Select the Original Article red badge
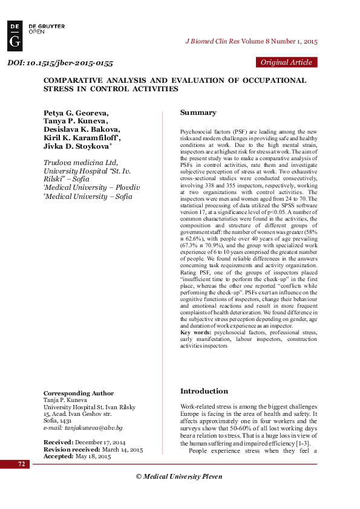[287, 62]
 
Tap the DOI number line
[60, 63]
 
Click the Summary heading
[198, 112]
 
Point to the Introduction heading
[204, 391]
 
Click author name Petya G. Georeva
[76, 112]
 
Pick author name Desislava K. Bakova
[82, 129]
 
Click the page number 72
[21, 464]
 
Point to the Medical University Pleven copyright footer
[179, 476]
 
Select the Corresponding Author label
[79, 394]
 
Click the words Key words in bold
[196, 332]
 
